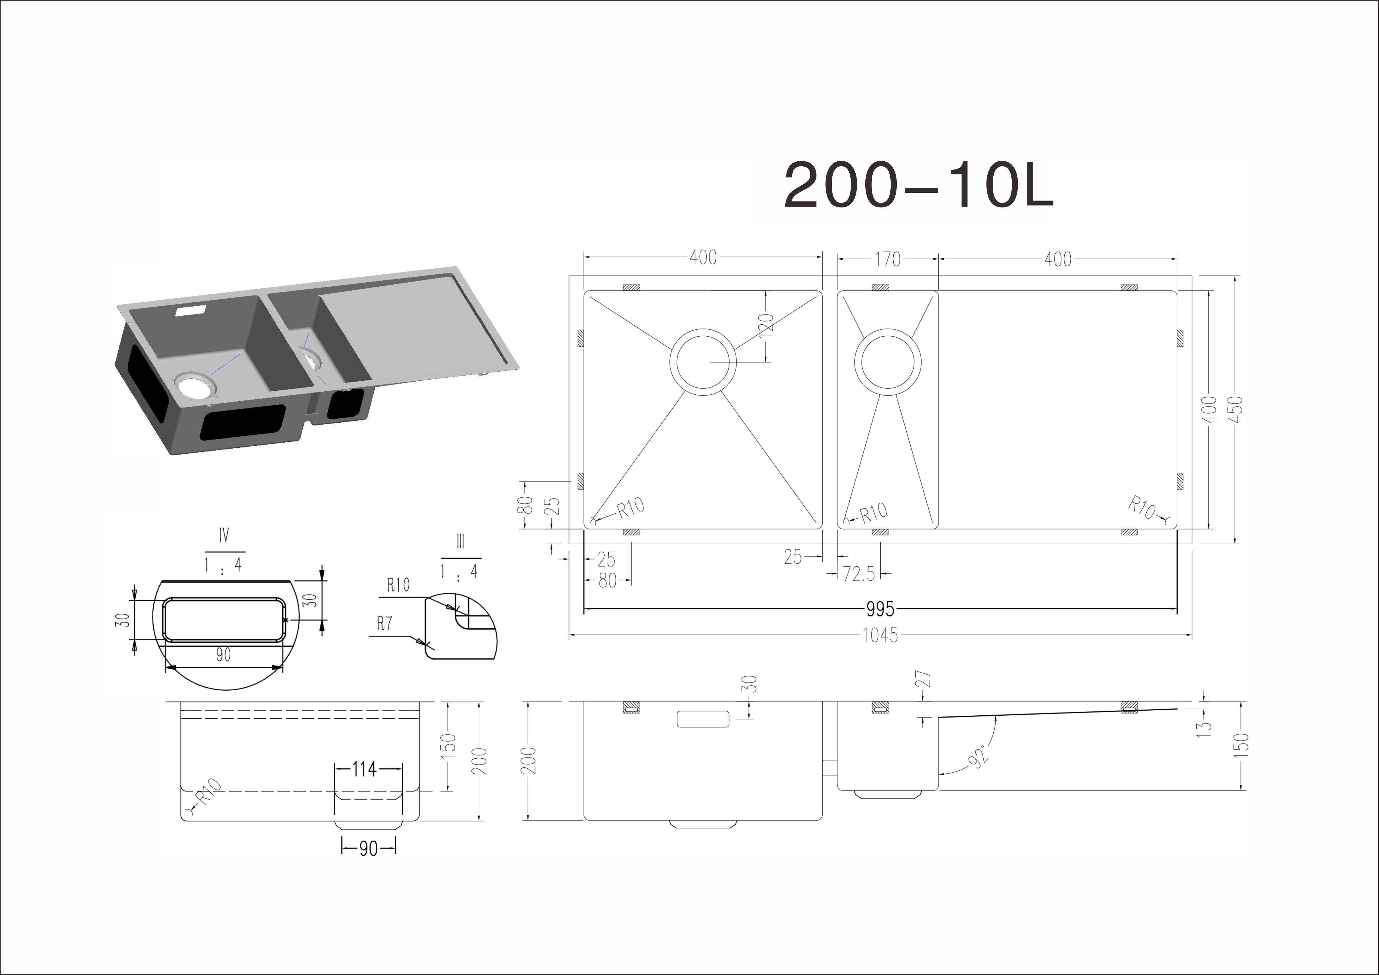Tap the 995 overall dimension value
[881, 609]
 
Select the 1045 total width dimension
[881, 635]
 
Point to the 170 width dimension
[888, 259]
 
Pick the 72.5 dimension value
[859, 574]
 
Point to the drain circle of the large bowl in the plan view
[703, 329]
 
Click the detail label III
[461, 542]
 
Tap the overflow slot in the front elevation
[703, 719]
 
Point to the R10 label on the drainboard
[1142, 507]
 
